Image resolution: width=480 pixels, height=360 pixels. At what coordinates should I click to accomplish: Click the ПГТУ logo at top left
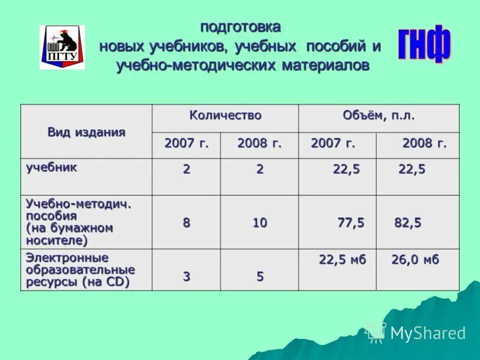pos(62,47)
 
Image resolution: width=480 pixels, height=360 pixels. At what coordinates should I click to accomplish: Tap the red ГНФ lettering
pos(424,44)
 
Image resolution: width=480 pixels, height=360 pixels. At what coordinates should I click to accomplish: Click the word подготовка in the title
pos(240,27)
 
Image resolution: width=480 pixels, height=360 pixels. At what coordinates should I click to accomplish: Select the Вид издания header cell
pos(86,132)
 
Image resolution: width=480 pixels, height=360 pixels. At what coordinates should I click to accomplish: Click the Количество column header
pos(225,115)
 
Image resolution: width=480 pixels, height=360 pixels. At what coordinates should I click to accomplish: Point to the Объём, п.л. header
pos(379,115)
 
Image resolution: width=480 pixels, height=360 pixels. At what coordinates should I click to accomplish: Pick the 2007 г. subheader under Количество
pos(187,144)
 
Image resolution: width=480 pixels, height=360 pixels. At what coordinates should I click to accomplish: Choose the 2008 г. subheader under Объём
pos(424,144)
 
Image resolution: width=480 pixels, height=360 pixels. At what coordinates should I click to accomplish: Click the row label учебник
pos(52,167)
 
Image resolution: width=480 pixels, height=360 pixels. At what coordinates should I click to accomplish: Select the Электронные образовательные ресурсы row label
pos(80,270)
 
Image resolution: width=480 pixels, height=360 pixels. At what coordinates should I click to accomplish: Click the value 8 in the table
pos(187,223)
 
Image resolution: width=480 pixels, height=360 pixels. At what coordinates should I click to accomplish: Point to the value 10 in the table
pos(259,223)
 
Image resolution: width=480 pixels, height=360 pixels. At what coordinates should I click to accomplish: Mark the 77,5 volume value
pos(350,223)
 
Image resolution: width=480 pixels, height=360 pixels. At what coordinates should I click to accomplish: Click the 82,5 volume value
pos(407,223)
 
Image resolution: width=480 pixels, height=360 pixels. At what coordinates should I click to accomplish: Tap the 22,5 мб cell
pos(342,260)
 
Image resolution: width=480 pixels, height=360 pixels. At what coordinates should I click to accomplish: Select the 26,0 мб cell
pos(415,260)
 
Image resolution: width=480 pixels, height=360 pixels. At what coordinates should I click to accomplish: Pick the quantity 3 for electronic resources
pos(187,277)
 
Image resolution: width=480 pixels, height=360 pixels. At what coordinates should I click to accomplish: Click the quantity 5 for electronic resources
pos(260,277)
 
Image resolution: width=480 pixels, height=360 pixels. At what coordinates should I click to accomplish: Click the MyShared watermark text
pos(427,333)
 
